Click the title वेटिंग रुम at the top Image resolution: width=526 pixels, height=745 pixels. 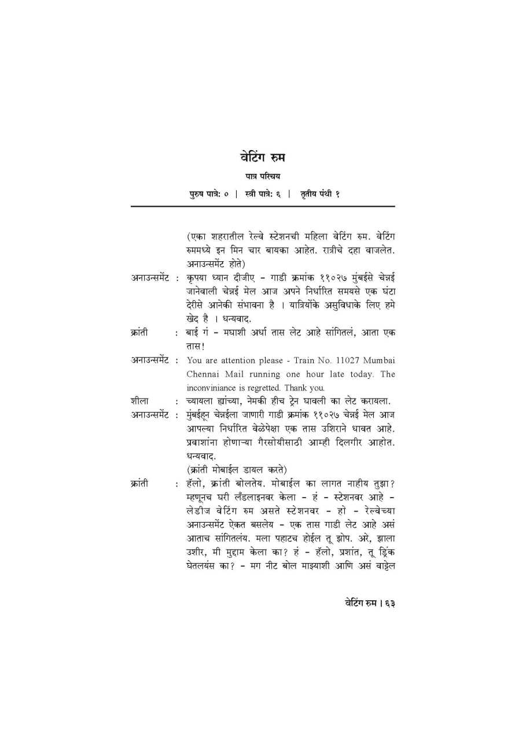tap(262, 157)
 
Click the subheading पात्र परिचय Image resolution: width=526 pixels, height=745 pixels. tap(262, 176)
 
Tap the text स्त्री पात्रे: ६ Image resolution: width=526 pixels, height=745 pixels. tap(263, 194)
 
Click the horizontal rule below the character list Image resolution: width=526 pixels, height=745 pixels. tap(262, 206)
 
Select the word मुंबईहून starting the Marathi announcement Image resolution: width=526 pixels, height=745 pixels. tap(203, 415)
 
